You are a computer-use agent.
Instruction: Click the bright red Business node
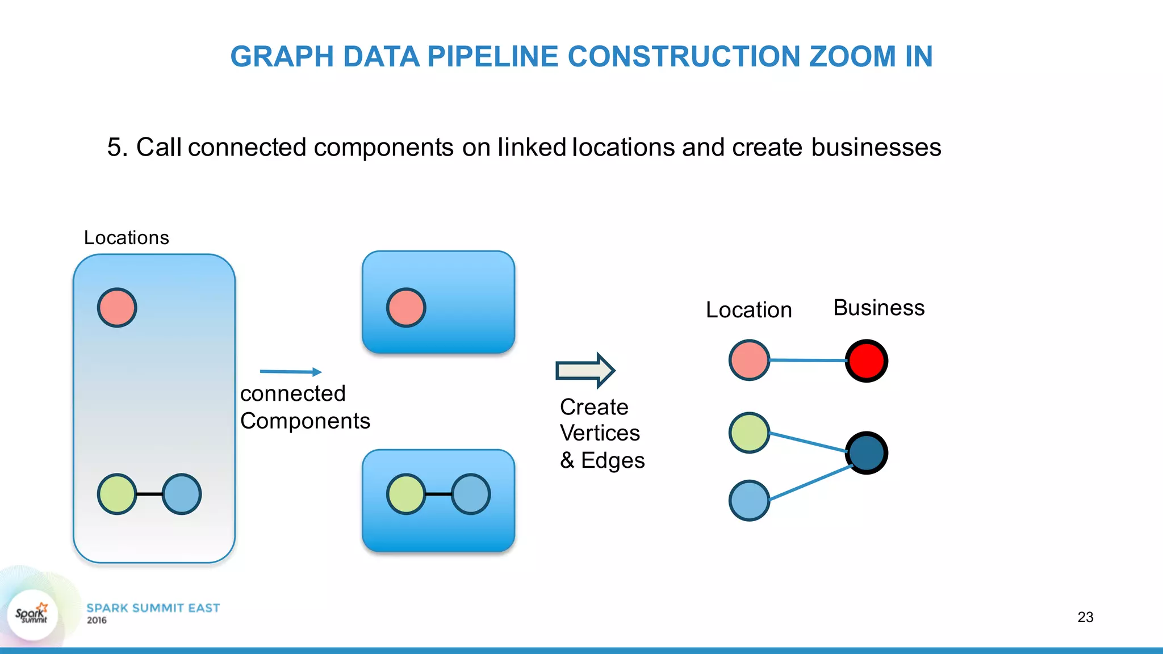pos(866,360)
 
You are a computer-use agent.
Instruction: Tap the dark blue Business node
pos(866,453)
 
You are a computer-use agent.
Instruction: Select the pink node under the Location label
pos(749,360)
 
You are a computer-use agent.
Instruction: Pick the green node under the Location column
pos(749,433)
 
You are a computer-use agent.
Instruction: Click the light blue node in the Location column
pos(749,501)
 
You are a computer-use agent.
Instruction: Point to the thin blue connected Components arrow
pos(290,372)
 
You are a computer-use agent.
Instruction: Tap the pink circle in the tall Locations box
pos(117,308)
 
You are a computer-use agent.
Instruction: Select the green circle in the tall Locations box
pos(117,494)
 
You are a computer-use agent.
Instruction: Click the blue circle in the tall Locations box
pos(182,494)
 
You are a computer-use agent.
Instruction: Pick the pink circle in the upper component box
pos(406,308)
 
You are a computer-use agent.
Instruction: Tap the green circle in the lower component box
pos(406,494)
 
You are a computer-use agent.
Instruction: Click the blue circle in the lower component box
pos(471,494)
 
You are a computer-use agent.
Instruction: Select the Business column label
pos(878,308)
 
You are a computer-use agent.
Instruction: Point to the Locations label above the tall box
pos(126,237)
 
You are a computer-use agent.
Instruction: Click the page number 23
pos(1085,617)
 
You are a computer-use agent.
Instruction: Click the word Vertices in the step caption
pos(600,433)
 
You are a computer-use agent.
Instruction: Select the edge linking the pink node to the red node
pos(808,360)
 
